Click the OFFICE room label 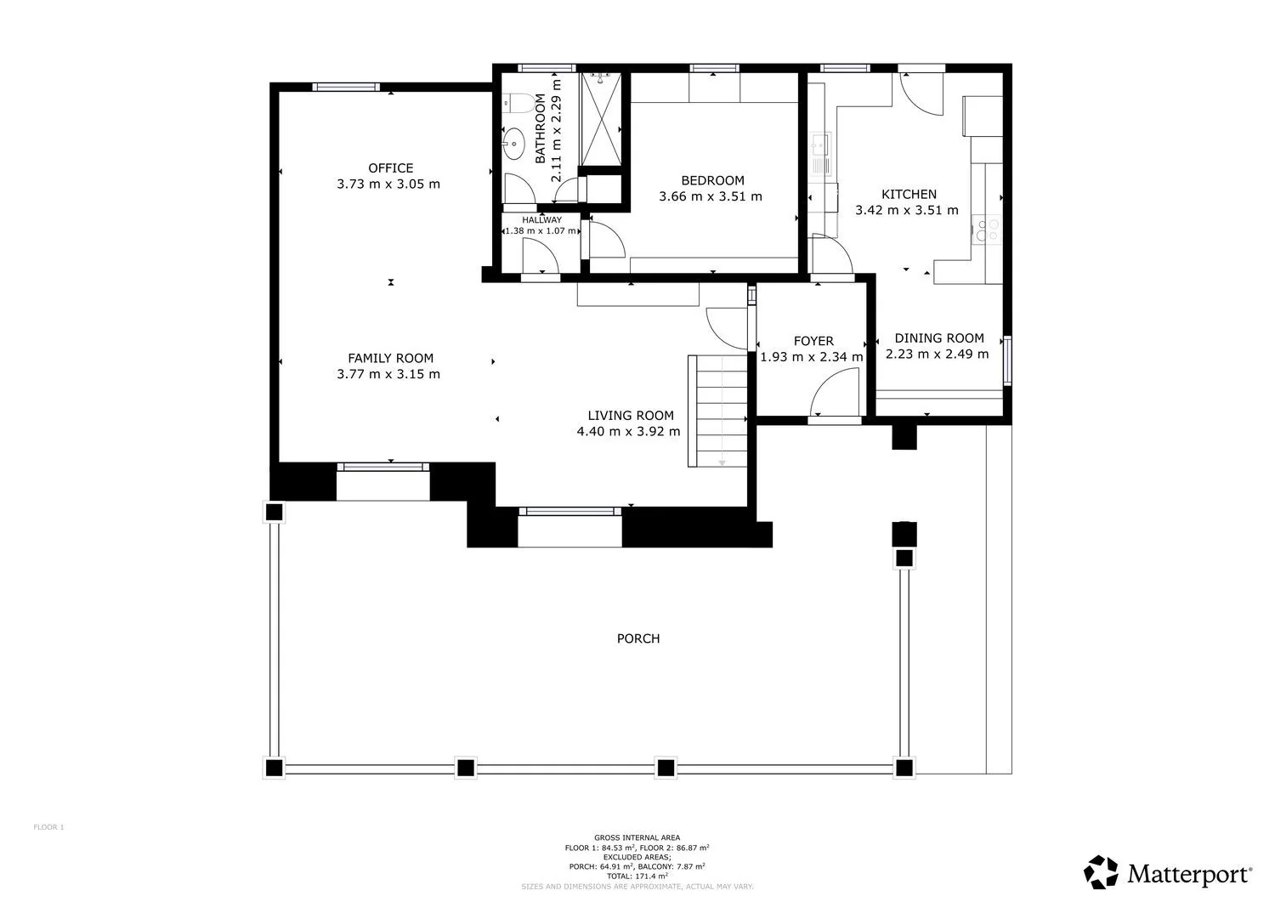390,168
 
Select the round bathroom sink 514,144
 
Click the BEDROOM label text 712,180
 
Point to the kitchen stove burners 987,230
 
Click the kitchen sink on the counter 820,154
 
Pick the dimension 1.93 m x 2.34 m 812,357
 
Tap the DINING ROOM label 939,338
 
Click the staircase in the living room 717,411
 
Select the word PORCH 638,638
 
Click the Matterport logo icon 1100,871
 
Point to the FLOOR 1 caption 49,827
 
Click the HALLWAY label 542,220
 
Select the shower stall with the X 601,119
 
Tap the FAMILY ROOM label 390,358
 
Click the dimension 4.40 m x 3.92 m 628,432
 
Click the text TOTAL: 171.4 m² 637,876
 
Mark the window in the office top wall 345,87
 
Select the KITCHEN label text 909,194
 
